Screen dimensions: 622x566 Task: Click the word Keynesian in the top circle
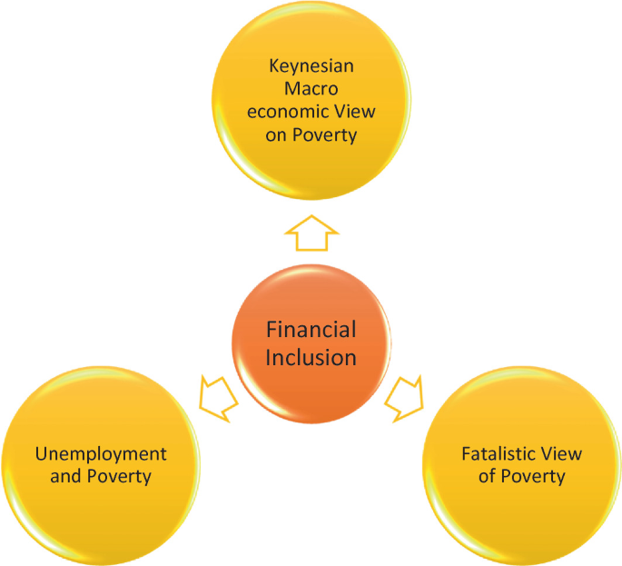point(311,66)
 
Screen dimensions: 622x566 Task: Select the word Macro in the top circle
point(311,89)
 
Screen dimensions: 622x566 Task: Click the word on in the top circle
point(279,134)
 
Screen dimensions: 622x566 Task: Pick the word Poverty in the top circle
point(324,134)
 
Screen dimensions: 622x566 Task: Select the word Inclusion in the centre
point(311,357)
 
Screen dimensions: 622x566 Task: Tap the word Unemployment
point(101,453)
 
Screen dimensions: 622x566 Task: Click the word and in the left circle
point(66,476)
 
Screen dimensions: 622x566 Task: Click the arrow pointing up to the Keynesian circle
point(311,234)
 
